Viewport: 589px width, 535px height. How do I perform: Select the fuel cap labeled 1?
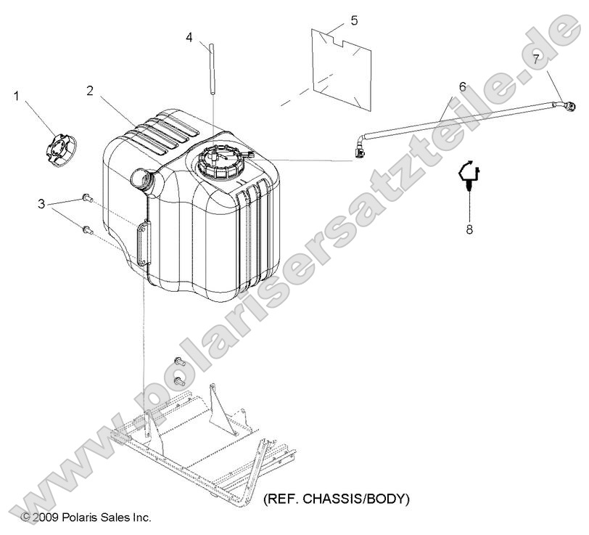click(x=60, y=150)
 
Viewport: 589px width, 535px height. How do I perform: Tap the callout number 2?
click(x=89, y=91)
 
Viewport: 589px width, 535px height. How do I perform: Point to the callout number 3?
click(x=41, y=204)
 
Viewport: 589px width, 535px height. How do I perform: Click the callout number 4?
click(x=189, y=37)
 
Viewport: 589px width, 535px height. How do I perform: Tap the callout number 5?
click(x=354, y=20)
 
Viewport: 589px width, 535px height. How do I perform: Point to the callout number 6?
click(x=462, y=87)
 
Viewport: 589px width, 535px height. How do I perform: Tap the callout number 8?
click(x=469, y=229)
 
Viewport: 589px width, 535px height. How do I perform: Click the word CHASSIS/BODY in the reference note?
click(x=355, y=499)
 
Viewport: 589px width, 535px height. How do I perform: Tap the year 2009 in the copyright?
click(x=46, y=518)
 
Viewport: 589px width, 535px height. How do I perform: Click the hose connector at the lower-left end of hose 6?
click(x=360, y=152)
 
